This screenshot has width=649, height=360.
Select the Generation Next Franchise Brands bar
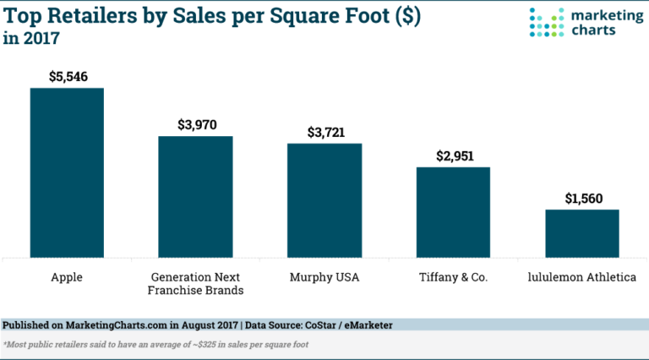195,196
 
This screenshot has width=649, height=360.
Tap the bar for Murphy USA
324,199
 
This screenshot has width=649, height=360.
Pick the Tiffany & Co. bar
453,211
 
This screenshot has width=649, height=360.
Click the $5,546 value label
67,76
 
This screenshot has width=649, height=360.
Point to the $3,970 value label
195,124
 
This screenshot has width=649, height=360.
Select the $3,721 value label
324,132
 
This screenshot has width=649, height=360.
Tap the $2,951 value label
453,155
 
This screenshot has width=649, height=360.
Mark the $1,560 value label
581,198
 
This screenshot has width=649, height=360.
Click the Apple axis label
67,276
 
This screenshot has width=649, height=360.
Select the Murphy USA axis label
324,276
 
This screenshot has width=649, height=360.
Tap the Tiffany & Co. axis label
453,276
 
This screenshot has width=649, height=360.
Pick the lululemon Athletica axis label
581,276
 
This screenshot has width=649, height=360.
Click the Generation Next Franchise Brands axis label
195,283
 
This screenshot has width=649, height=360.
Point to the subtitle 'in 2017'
33,38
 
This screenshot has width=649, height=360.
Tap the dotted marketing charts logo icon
545,22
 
